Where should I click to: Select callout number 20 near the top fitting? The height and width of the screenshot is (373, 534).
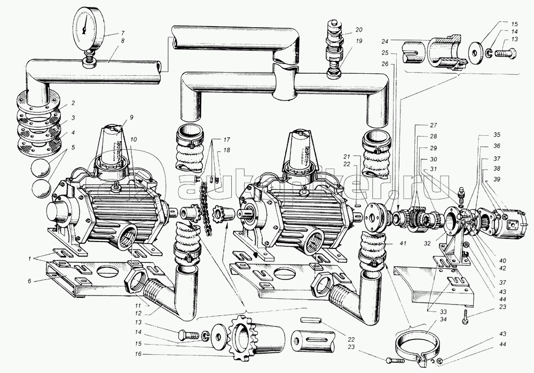[x=358, y=29]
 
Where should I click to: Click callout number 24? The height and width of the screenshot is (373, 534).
[x=386, y=41]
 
